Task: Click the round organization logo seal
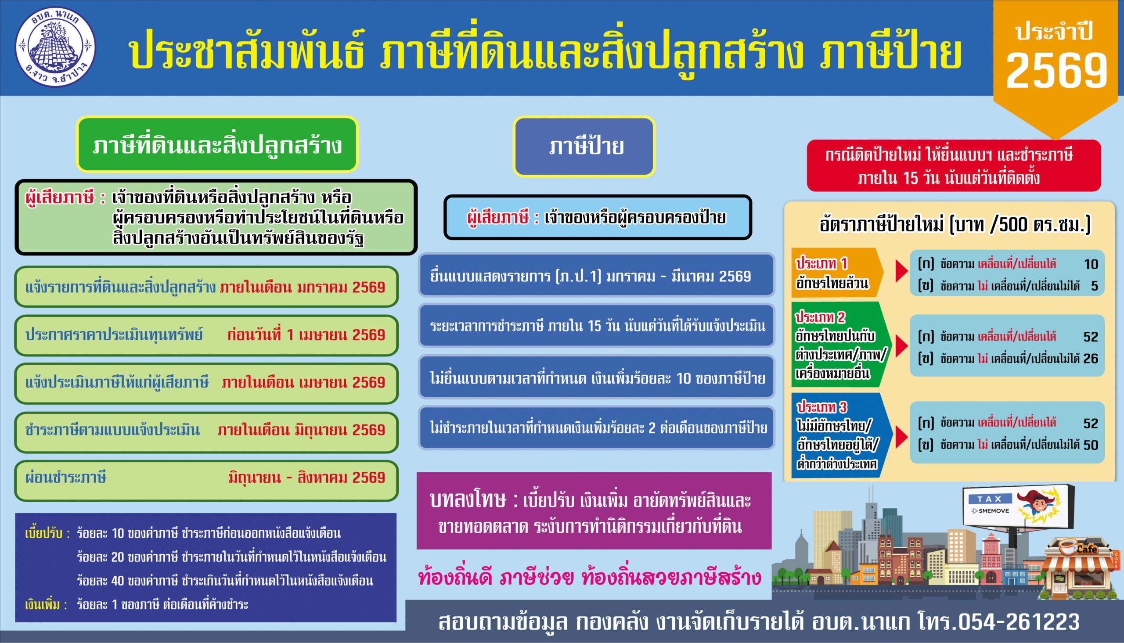click(55, 47)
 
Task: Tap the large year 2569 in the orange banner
click(1056, 70)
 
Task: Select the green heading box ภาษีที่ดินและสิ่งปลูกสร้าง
click(217, 144)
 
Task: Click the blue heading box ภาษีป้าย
click(584, 146)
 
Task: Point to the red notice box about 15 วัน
click(954, 165)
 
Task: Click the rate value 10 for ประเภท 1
click(1091, 264)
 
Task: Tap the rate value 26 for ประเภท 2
click(1091, 358)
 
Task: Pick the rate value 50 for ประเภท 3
click(1091, 445)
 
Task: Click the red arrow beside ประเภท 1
click(901, 271)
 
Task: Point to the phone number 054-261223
click(1019, 622)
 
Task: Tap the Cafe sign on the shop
click(1086, 549)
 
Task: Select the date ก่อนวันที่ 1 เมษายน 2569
click(306, 335)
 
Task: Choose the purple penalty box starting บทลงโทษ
click(594, 511)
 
